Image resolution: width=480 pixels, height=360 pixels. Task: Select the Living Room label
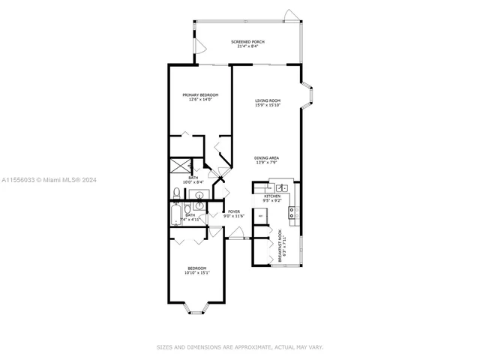[x=267, y=100]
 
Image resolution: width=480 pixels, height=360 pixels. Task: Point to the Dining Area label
[x=267, y=157]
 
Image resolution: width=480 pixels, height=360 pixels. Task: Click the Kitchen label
[x=271, y=195]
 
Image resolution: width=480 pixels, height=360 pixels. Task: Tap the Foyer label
[x=234, y=211]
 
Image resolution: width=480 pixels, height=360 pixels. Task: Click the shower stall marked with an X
[x=180, y=166]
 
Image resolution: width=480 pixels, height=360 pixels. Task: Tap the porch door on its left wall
[x=199, y=45]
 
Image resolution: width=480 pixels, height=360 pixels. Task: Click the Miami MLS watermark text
[x=46, y=180]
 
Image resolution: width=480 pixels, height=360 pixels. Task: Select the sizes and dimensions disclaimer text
[x=240, y=347]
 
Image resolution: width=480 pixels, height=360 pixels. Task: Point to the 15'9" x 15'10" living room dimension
[x=267, y=105]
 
